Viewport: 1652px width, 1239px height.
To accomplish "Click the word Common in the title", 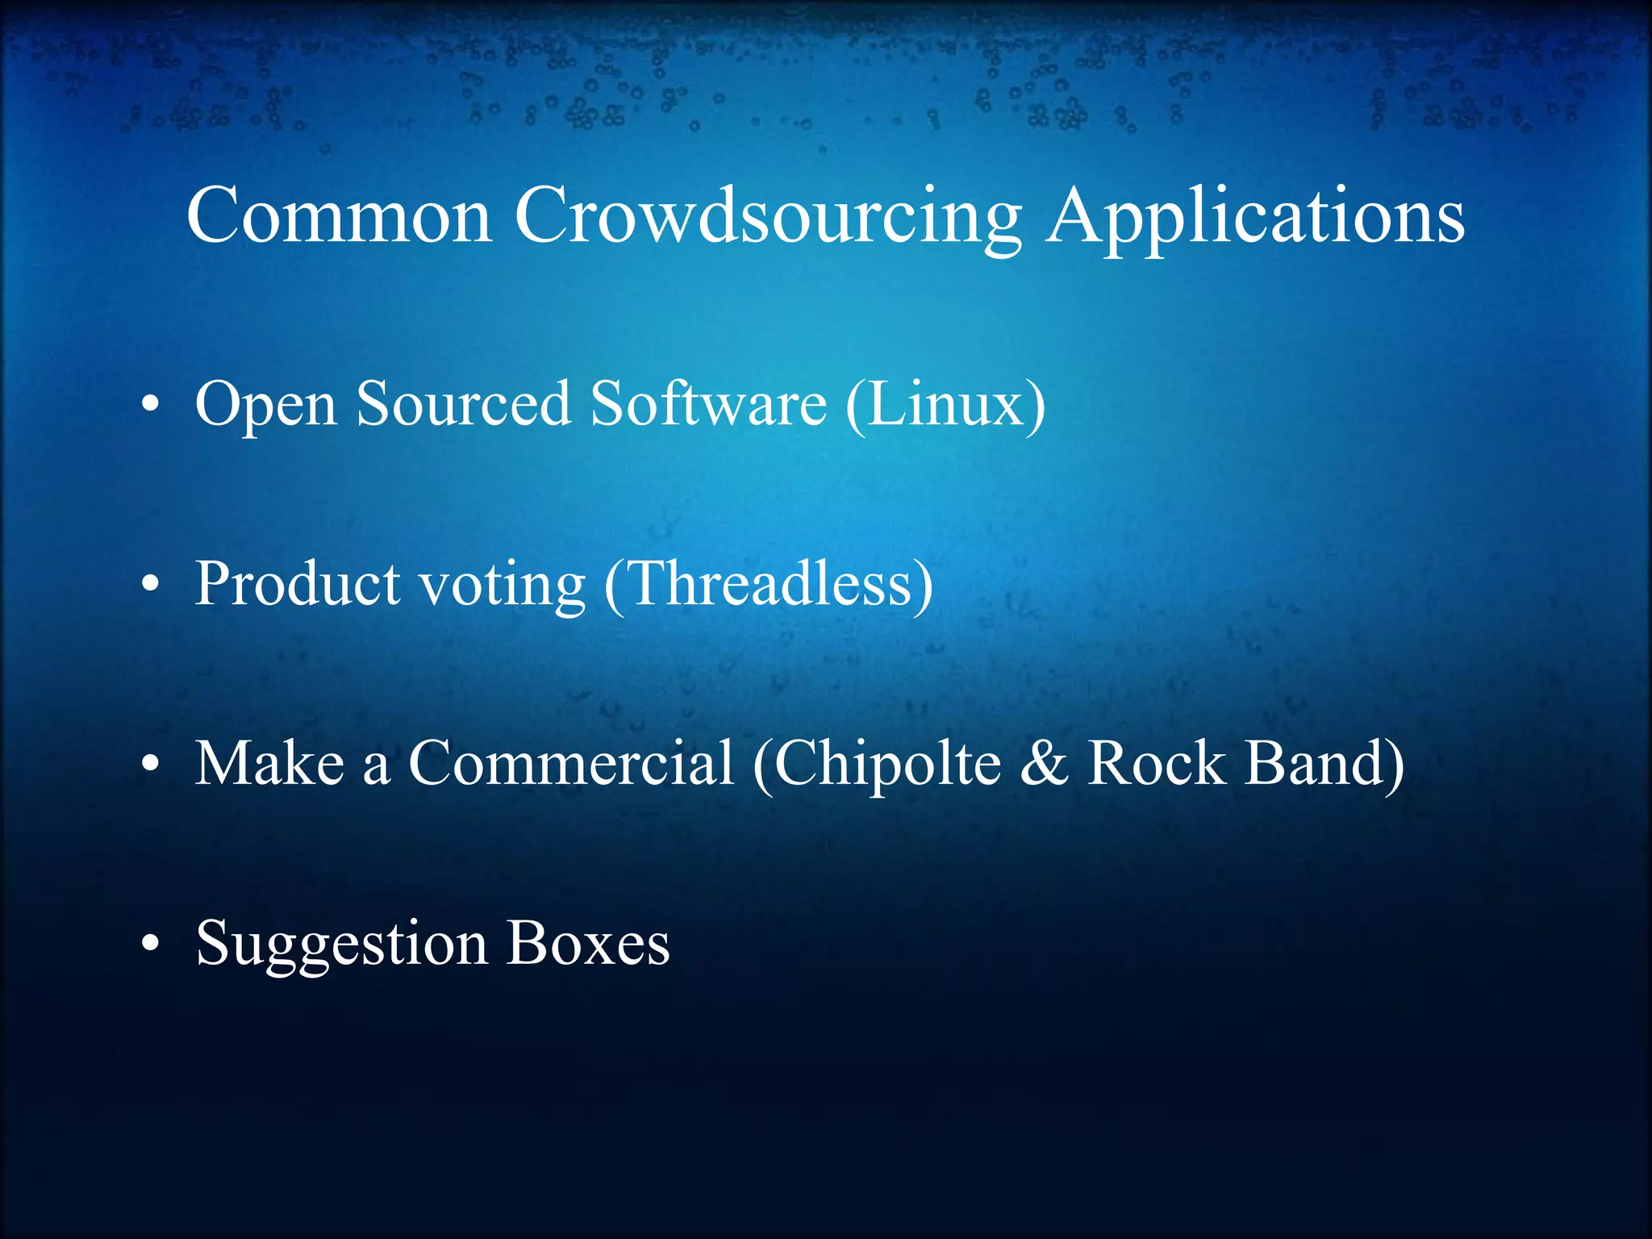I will tap(339, 216).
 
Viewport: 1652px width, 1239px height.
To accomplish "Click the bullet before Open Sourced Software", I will tap(150, 406).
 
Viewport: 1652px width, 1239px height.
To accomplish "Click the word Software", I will tap(708, 403).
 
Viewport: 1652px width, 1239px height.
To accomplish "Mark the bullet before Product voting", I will tap(150, 586).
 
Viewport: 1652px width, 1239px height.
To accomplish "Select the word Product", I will tap(298, 583).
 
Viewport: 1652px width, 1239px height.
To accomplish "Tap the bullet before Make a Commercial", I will tap(150, 766).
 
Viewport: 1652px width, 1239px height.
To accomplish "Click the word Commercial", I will tap(571, 763).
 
